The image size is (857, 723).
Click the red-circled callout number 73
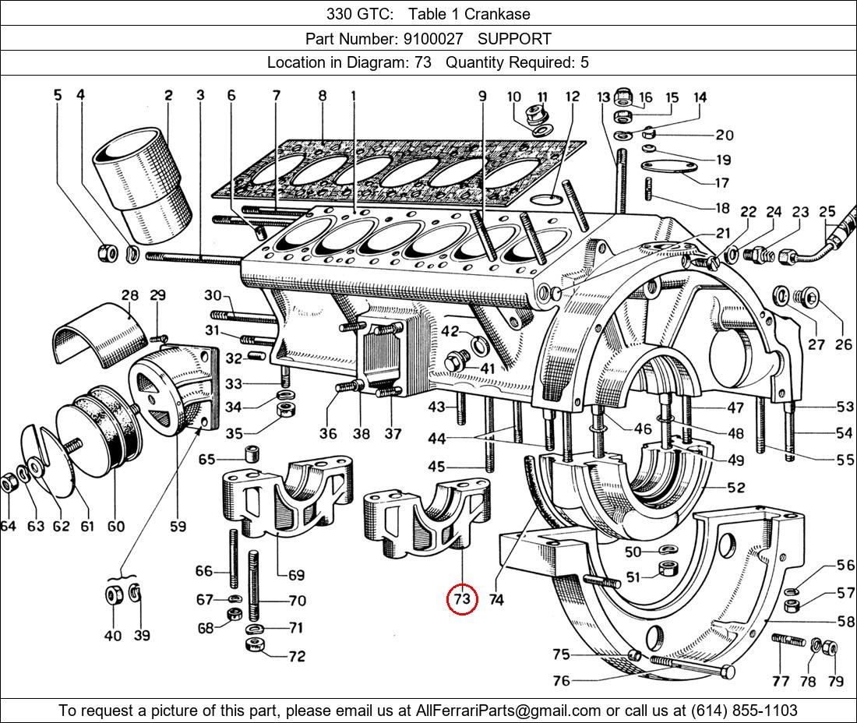462,598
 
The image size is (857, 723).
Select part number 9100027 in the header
432,38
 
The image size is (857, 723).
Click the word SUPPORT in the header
514,38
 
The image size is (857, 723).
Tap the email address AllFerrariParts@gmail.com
509,711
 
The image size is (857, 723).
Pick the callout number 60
116,526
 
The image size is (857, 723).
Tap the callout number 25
827,211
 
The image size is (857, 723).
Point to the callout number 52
735,488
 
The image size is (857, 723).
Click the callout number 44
436,439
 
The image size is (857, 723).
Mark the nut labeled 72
254,647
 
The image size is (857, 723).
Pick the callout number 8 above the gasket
323,96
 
